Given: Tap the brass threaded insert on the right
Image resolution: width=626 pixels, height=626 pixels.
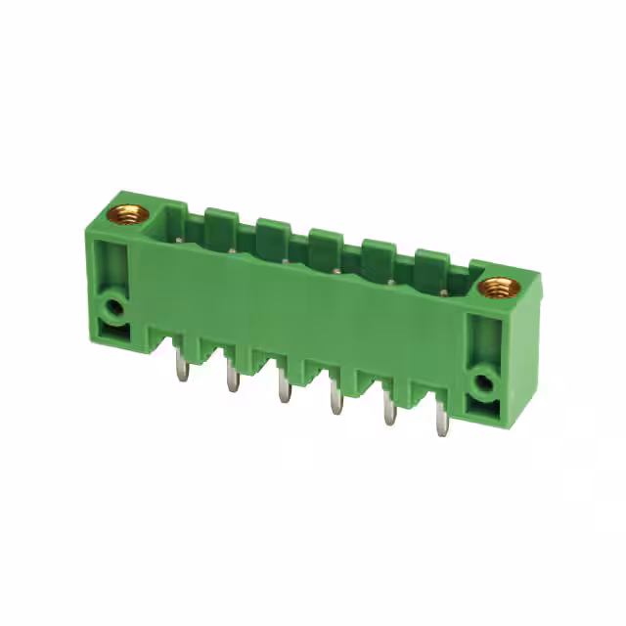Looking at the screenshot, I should pos(502,288).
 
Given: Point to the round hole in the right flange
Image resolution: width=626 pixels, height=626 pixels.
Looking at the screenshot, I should pos(483,382).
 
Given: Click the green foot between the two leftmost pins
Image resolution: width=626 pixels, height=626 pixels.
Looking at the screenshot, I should pos(205,348).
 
